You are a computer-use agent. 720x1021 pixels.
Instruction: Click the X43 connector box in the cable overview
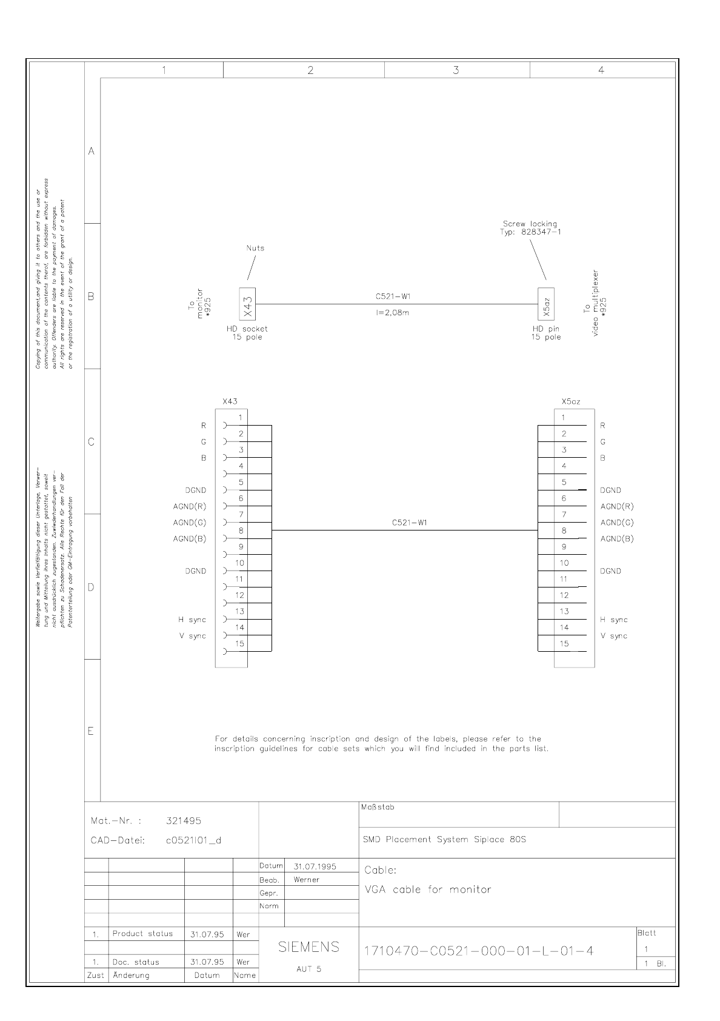[247, 303]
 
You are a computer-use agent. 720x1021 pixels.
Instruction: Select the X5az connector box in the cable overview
[546, 303]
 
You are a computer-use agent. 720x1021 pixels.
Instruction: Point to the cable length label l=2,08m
[393, 313]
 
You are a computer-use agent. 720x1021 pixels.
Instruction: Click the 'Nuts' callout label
[255, 248]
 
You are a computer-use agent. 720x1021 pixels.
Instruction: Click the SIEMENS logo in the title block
[308, 947]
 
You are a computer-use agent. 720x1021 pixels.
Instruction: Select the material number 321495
[184, 821]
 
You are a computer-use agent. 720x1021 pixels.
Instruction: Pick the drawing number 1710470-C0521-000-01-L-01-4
[478, 951]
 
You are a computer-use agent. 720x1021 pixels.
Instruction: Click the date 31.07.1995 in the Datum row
[315, 866]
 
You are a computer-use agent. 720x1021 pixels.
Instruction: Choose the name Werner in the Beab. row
[306, 880]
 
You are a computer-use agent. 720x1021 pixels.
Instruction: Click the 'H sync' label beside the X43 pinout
[192, 620]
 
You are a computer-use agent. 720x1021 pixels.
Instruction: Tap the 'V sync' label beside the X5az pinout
[614, 636]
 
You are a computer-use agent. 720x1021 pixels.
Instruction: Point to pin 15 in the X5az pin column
[564, 644]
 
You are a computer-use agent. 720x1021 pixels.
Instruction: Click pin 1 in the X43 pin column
[241, 417]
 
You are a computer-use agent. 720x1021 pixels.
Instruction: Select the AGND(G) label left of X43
[190, 523]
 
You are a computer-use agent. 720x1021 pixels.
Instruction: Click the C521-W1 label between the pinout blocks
[410, 523]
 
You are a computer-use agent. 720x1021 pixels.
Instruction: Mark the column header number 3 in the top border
[456, 70]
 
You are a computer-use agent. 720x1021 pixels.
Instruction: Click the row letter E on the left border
[91, 731]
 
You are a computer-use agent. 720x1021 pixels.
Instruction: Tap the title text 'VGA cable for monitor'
[428, 890]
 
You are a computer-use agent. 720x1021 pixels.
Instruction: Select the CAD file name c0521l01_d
[193, 840]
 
